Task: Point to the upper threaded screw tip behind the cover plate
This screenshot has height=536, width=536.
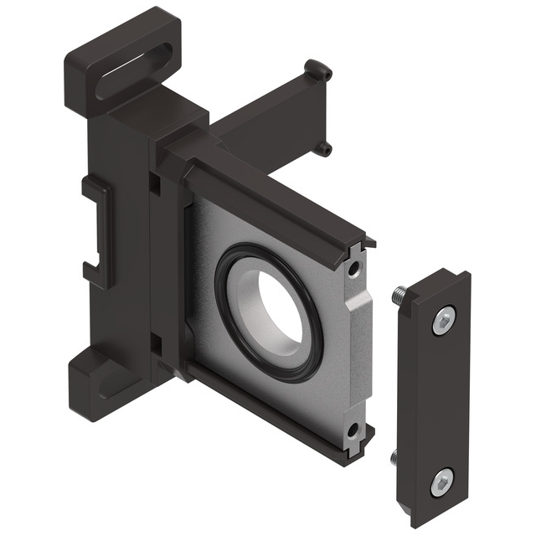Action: [399, 295]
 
